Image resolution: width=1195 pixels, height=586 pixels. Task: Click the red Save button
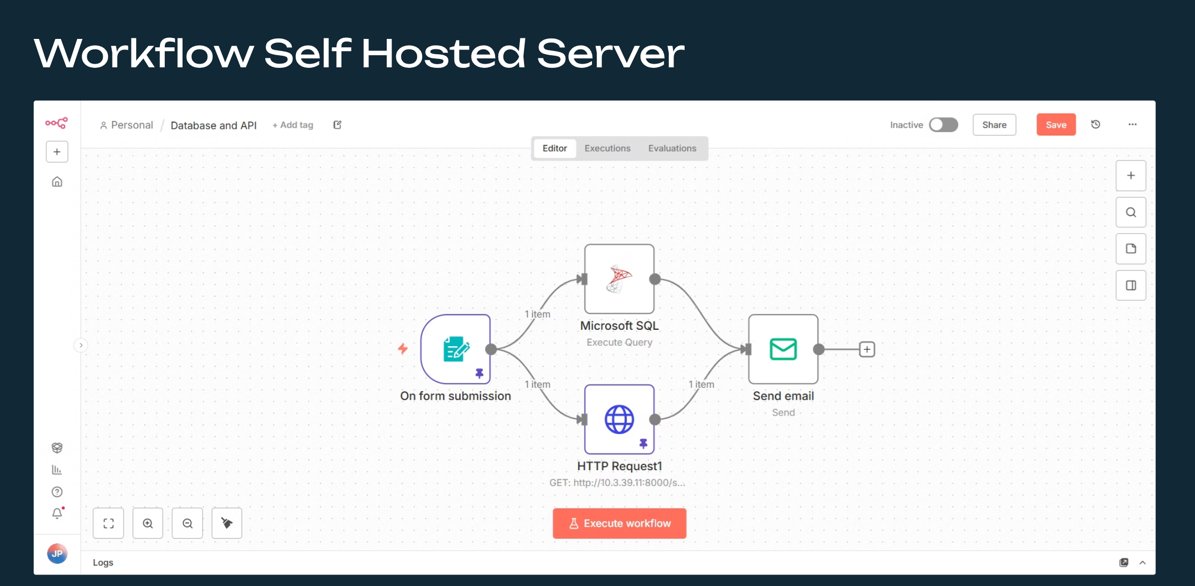click(x=1056, y=125)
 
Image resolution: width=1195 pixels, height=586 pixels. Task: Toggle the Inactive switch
click(x=943, y=125)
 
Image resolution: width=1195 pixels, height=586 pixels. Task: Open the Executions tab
click(x=607, y=148)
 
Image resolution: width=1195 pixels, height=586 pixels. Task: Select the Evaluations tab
click(x=672, y=148)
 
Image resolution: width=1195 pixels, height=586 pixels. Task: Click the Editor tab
click(x=555, y=148)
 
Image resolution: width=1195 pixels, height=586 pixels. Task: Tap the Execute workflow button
click(x=619, y=523)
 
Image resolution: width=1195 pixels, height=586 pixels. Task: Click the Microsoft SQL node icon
click(x=619, y=279)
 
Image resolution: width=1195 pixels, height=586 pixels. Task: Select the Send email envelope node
click(x=783, y=349)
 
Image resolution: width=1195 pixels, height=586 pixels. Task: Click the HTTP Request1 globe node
click(x=619, y=419)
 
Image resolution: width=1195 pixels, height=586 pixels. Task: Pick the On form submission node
click(x=456, y=349)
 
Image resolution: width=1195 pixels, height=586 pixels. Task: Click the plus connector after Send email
click(x=867, y=349)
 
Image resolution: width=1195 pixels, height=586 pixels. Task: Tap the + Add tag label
click(x=293, y=125)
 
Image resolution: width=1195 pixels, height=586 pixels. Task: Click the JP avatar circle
click(x=57, y=553)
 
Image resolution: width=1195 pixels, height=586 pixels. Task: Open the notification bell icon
click(x=57, y=513)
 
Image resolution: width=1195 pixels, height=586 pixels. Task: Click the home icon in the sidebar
click(x=57, y=182)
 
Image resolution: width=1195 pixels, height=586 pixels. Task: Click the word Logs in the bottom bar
click(x=103, y=562)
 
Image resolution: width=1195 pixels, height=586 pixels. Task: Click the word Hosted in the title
click(x=443, y=54)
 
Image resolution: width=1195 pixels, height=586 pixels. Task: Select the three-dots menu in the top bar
click(x=1132, y=125)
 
